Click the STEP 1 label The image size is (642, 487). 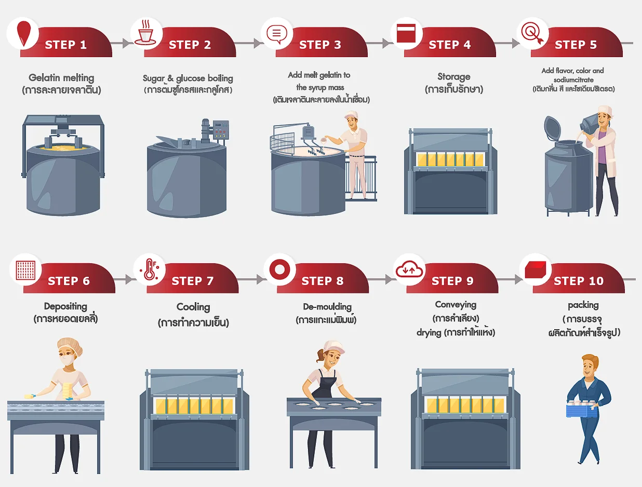point(66,45)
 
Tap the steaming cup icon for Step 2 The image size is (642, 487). point(145,33)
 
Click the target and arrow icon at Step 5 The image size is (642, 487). point(532,33)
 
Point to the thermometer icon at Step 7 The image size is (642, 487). point(149,269)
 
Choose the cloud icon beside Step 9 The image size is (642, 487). point(409,269)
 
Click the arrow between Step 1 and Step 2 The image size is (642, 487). point(121,43)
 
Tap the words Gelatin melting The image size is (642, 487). point(61,78)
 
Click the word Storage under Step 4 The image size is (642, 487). point(454,77)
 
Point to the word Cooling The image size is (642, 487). point(193,307)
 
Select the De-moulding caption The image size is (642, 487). point(327,307)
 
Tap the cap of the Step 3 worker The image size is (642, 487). point(351,115)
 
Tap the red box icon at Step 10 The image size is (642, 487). point(535,269)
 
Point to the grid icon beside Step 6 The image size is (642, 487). point(25,269)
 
